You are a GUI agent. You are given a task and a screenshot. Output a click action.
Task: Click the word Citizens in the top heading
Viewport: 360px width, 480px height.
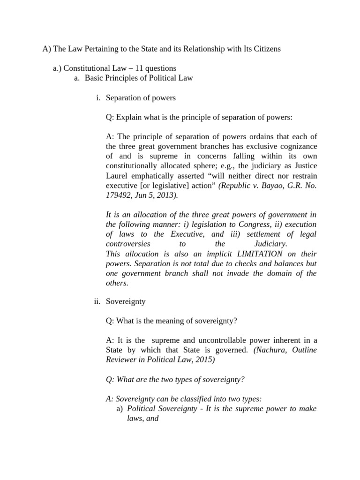click(x=266, y=49)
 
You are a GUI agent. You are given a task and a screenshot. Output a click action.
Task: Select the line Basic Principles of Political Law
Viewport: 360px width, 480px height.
click(x=139, y=78)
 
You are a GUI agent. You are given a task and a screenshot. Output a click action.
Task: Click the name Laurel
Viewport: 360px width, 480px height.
click(x=117, y=176)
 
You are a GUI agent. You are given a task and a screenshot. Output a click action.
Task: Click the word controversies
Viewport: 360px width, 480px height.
click(x=128, y=244)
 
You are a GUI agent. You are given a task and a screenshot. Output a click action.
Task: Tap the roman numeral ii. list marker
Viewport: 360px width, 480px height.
click(x=97, y=302)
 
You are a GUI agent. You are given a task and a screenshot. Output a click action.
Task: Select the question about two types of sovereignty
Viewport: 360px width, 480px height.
click(x=175, y=379)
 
